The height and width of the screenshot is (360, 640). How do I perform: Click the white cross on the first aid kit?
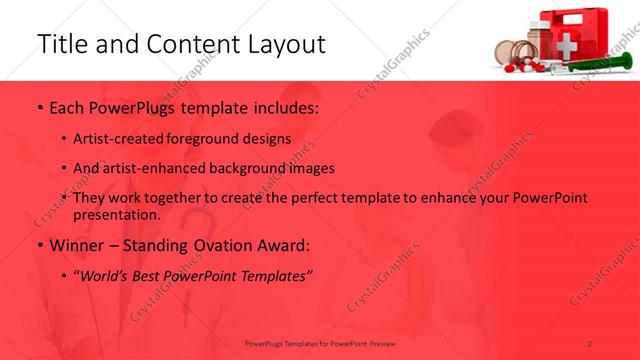(x=566, y=44)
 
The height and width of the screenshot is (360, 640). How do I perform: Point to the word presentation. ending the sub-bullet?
(x=116, y=215)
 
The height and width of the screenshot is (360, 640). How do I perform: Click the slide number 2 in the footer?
(x=590, y=343)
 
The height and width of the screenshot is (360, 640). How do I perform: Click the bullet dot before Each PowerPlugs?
(x=38, y=107)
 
